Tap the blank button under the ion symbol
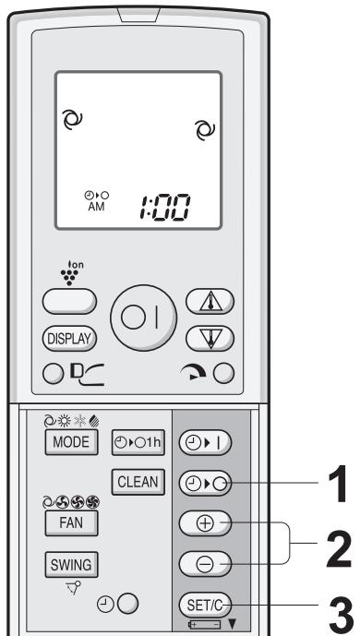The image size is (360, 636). [76, 302]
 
